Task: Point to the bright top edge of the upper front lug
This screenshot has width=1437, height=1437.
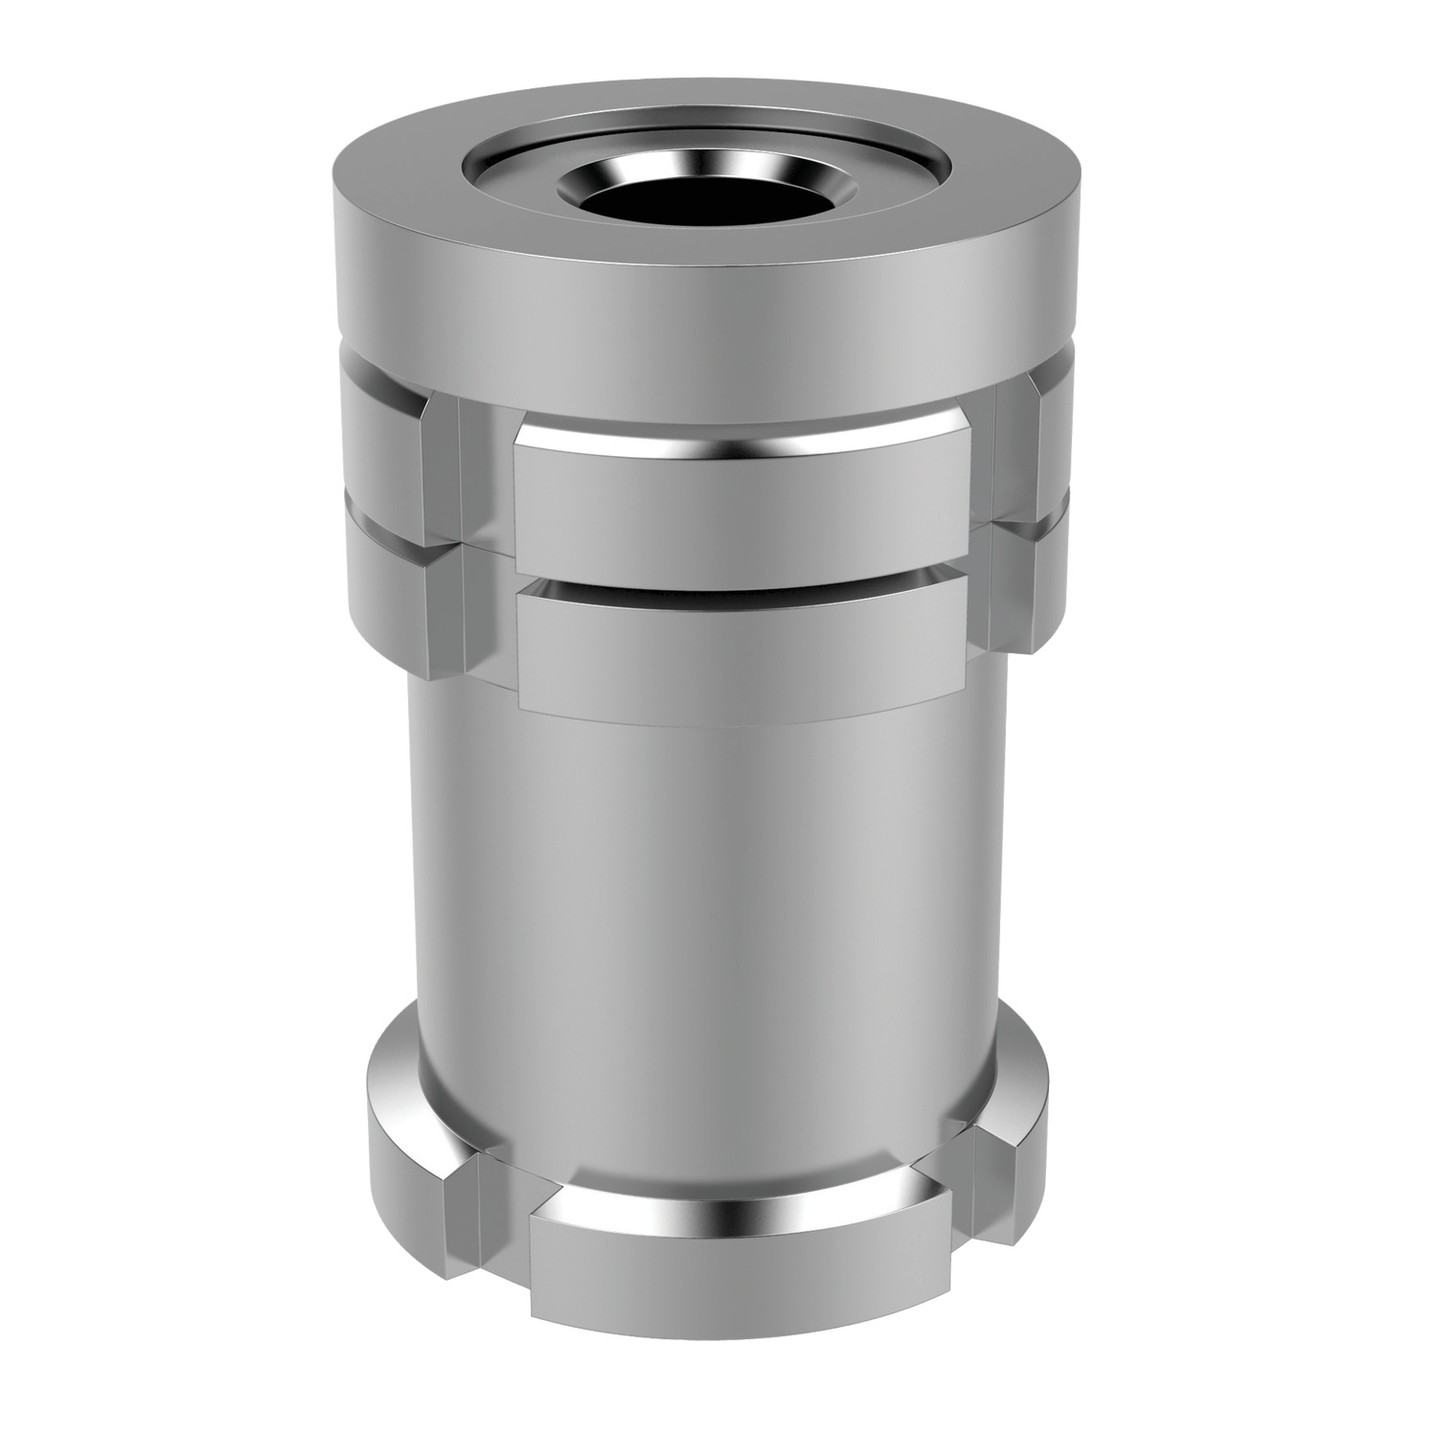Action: tap(738, 443)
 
